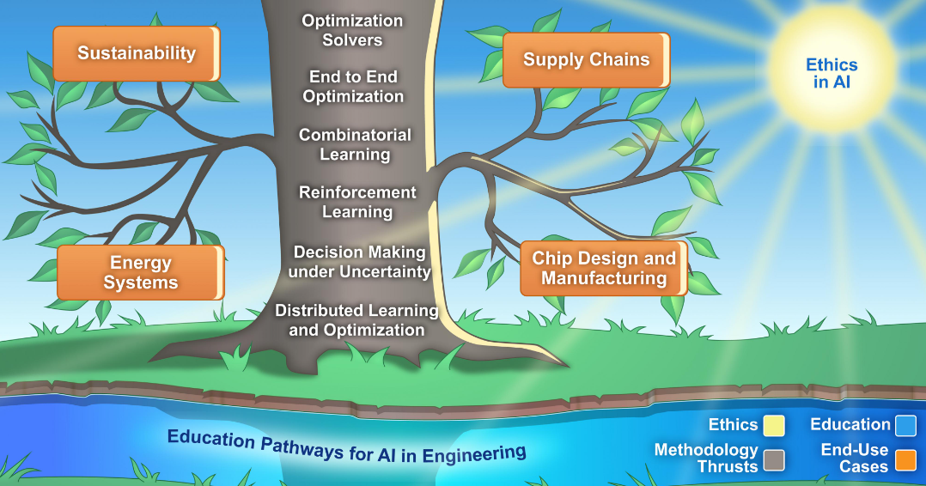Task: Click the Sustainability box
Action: [137, 53]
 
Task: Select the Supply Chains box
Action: [587, 59]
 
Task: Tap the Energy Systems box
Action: [141, 272]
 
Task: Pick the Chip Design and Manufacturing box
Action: [604, 268]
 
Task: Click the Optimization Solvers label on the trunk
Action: [352, 30]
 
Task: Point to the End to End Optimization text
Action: [353, 86]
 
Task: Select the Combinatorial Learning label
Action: [355, 144]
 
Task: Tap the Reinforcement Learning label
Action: [357, 202]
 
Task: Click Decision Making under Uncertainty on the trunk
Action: [360, 262]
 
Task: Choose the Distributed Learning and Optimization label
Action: [356, 319]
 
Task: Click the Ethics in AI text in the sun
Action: [832, 73]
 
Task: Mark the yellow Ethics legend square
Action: [774, 425]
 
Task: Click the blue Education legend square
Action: [905, 425]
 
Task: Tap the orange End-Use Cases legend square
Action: [905, 460]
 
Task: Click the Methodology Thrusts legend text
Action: [706, 459]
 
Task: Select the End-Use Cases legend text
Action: [855, 459]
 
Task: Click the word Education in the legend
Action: [850, 424]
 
